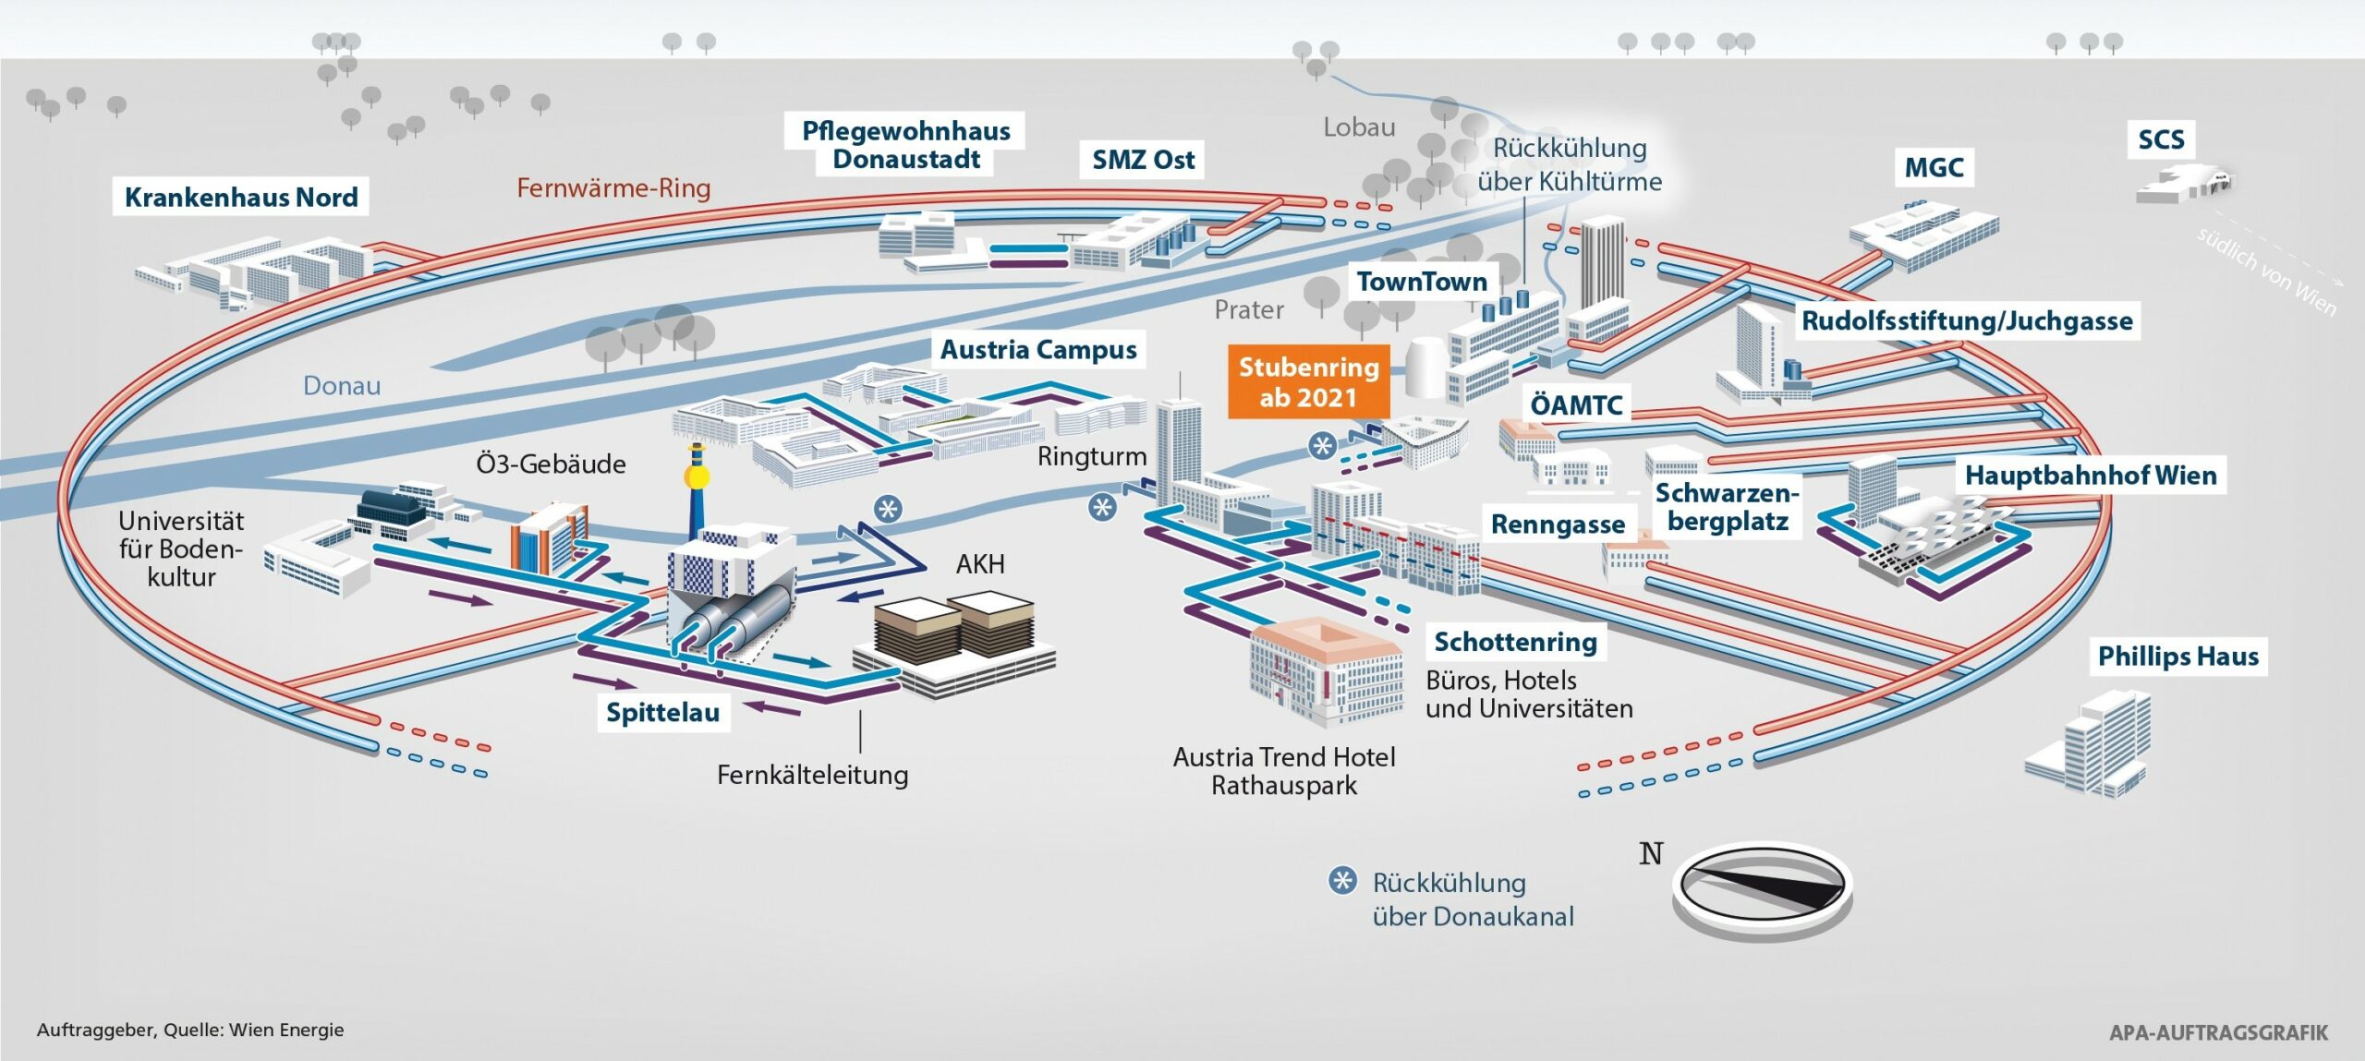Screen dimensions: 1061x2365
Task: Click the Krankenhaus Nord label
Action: pyautogui.click(x=241, y=197)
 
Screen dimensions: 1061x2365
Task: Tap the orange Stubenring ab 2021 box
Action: pyautogui.click(x=1308, y=382)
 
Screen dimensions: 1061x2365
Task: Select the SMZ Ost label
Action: pyautogui.click(x=1143, y=160)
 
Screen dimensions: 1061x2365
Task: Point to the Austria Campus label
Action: pyautogui.click(x=1038, y=349)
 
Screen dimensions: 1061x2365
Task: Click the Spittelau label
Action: pyautogui.click(x=662, y=712)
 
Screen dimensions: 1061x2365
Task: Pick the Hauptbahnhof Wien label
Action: pyautogui.click(x=2090, y=475)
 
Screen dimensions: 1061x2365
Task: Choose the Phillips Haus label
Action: pyautogui.click(x=2177, y=656)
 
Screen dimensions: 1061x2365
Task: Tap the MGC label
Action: pyautogui.click(x=1934, y=167)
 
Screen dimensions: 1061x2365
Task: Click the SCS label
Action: pyautogui.click(x=2161, y=139)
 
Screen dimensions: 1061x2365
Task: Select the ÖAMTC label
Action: pyautogui.click(x=1576, y=404)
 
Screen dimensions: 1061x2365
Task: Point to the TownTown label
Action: pyautogui.click(x=1422, y=282)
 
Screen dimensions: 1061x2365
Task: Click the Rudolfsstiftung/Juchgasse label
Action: pyautogui.click(x=1967, y=320)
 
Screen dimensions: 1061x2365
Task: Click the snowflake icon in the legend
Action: pyautogui.click(x=1342, y=881)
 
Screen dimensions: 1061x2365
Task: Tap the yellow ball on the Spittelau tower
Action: pyautogui.click(x=695, y=477)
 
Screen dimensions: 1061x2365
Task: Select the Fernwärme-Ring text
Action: pyautogui.click(x=613, y=188)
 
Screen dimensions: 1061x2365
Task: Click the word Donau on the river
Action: pyautogui.click(x=342, y=385)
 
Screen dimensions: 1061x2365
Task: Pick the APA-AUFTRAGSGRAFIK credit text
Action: pyautogui.click(x=2218, y=1032)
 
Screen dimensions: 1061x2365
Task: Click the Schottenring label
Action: pyautogui.click(x=1515, y=641)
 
